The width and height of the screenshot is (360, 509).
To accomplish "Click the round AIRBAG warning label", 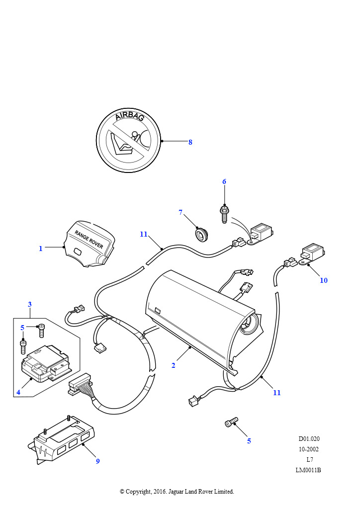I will [129, 141].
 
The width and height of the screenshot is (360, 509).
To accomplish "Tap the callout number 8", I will [190, 142].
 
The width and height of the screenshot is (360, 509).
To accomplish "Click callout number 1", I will [41, 249].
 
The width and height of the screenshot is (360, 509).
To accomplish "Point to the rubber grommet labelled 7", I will [201, 234].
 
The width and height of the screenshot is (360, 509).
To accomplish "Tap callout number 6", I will [224, 181].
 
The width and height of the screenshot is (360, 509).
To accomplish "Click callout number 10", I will [324, 280].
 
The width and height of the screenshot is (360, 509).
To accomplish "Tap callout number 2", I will [173, 365].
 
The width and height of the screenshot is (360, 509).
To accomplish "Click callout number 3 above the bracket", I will [30, 304].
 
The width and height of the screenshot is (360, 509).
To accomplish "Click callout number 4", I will [18, 392].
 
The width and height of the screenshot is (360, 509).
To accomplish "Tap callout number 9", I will [98, 461].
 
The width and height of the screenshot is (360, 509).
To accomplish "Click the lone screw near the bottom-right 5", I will [231, 423].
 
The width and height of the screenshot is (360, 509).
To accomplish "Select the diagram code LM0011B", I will [308, 470].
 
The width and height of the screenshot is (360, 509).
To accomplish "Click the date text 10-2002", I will [309, 449].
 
